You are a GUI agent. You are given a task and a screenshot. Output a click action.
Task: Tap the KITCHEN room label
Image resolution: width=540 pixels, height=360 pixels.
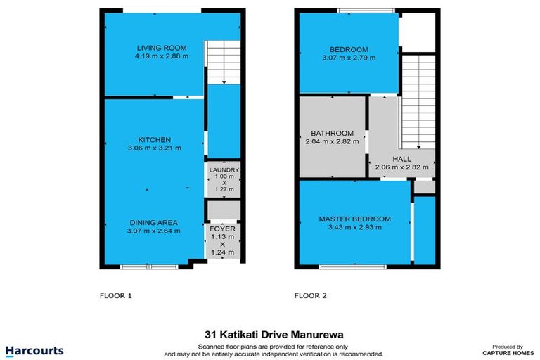(x=154, y=139)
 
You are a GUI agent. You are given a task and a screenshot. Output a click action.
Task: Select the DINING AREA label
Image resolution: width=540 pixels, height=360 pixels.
(x=154, y=222)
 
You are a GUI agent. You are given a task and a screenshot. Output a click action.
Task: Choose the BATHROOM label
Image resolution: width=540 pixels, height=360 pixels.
(x=332, y=133)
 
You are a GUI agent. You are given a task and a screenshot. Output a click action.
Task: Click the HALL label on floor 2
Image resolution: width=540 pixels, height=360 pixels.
(x=402, y=160)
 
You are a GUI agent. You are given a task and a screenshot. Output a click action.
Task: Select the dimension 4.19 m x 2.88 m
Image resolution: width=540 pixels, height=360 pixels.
(x=162, y=56)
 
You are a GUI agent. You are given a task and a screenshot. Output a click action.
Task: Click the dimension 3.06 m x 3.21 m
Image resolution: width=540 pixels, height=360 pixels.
(x=154, y=148)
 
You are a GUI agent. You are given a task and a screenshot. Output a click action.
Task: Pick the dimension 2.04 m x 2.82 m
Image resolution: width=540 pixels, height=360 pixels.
(x=332, y=141)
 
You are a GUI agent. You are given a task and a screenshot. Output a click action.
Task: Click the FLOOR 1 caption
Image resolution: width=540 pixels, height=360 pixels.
(x=116, y=296)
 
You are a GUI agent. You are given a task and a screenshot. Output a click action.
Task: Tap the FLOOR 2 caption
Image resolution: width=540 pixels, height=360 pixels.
(x=311, y=296)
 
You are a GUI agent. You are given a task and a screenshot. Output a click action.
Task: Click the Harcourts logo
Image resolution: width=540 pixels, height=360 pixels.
(x=34, y=350)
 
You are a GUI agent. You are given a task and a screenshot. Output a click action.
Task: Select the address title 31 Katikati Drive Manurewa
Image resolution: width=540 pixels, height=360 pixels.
(x=271, y=336)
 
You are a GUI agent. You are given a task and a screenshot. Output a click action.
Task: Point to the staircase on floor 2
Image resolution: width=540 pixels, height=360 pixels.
(x=418, y=102)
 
